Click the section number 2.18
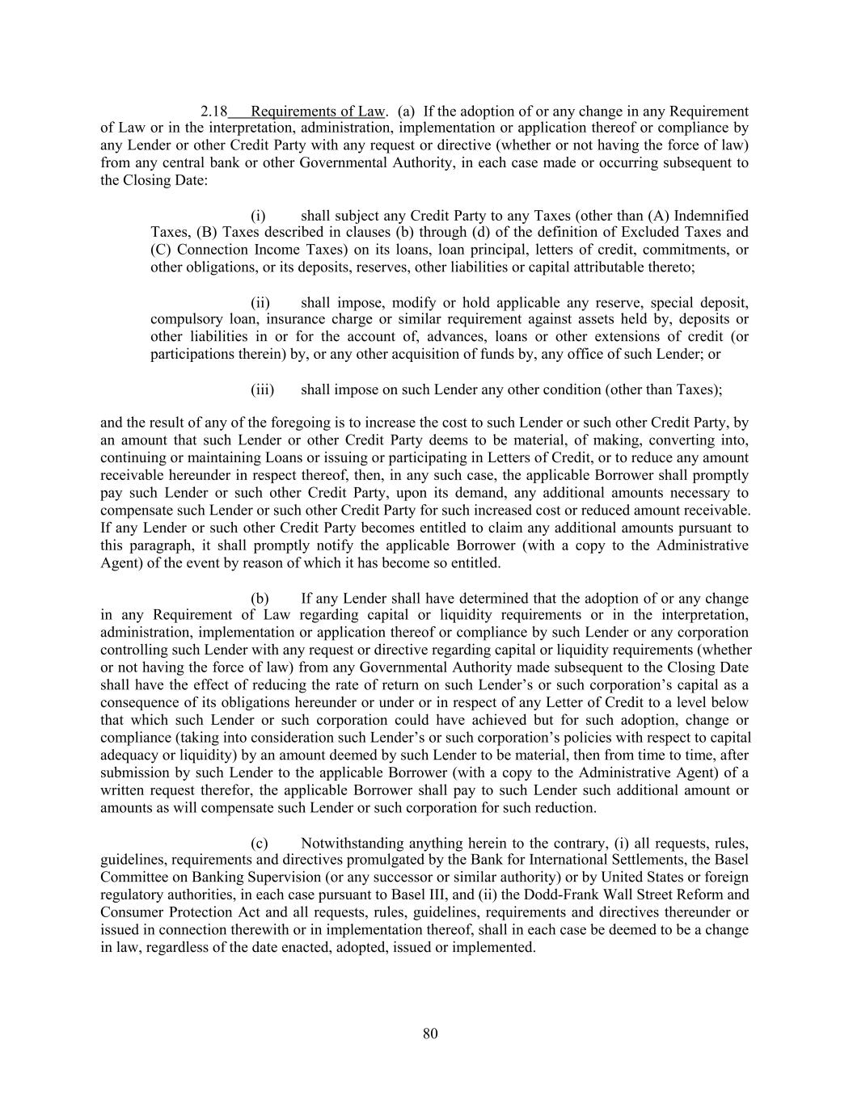[214, 112]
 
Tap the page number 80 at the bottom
[430, 1034]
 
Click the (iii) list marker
[263, 389]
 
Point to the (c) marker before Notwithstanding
[260, 843]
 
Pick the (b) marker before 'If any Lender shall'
[260, 599]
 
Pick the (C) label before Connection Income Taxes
[162, 250]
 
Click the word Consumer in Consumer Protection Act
[129, 912]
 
